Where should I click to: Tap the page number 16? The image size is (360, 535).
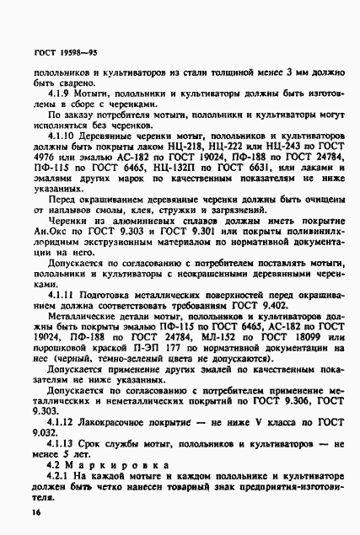click(39, 511)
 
